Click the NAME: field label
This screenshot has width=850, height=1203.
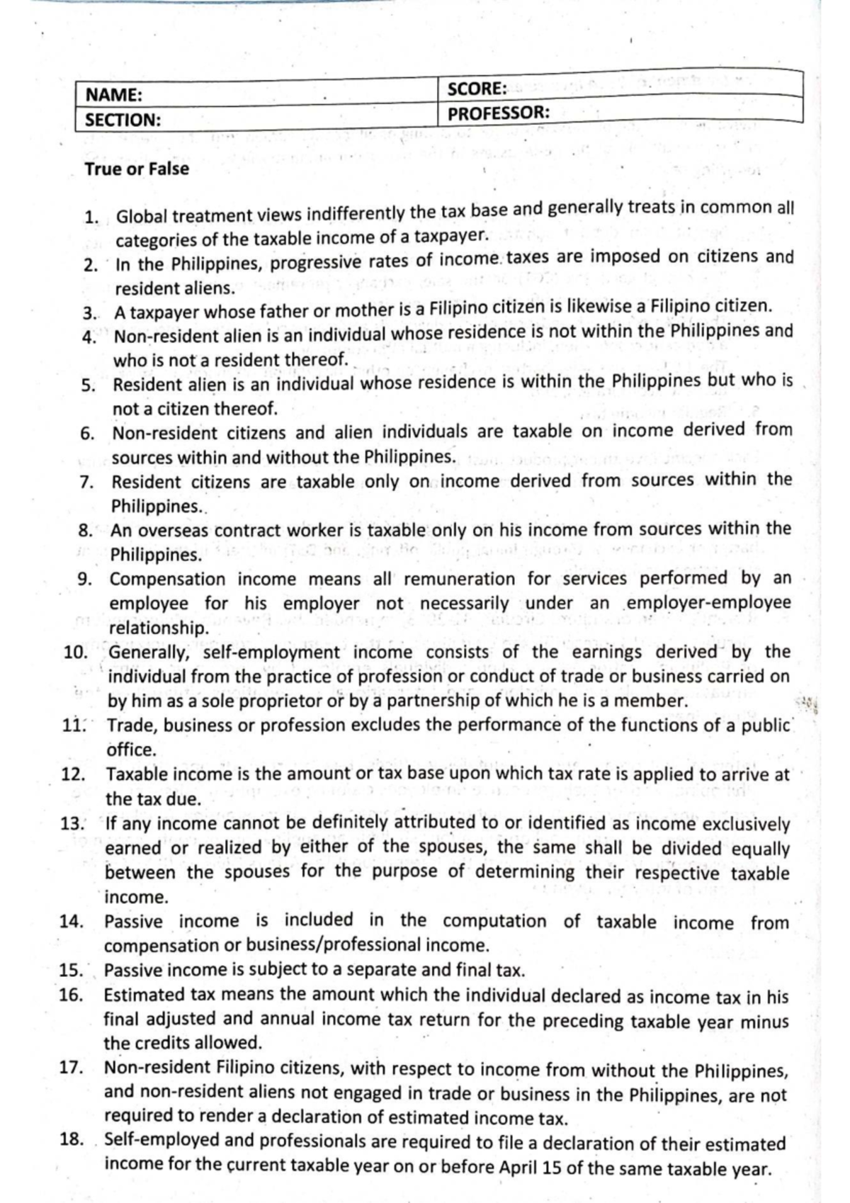[x=114, y=95]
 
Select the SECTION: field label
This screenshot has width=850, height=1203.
[x=123, y=120]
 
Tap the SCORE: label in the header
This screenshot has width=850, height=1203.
[x=477, y=89]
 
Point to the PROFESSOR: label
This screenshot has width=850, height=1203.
[x=499, y=113]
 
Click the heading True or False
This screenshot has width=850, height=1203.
[x=137, y=169]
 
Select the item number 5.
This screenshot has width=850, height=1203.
[x=87, y=385]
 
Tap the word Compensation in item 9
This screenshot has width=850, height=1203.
[x=168, y=579]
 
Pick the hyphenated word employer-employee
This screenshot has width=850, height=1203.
[x=708, y=602]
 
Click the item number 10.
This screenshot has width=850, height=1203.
[x=74, y=652]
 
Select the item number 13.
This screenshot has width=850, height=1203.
[x=73, y=823]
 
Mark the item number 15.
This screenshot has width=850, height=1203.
[x=72, y=970]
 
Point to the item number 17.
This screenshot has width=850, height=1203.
[x=72, y=1068]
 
